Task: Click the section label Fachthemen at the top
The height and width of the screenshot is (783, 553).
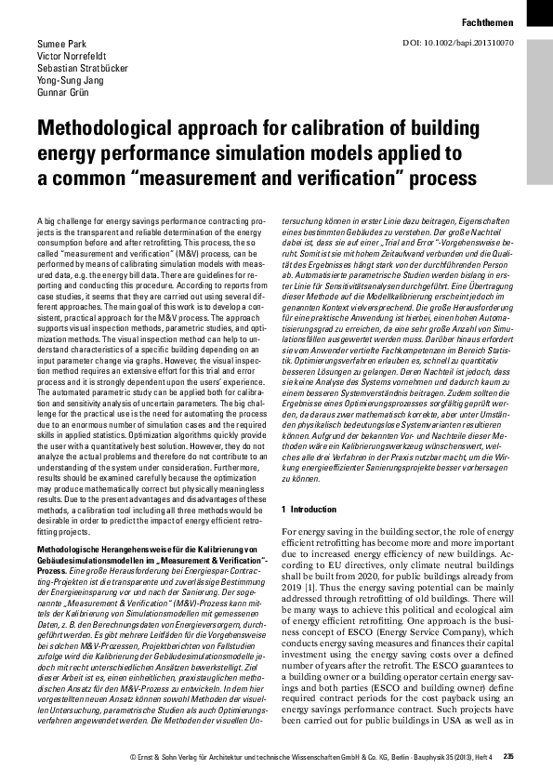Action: pos(489,20)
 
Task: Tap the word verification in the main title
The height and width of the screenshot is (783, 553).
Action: pos(323,177)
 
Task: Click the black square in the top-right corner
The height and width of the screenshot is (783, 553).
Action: pos(539,11)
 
